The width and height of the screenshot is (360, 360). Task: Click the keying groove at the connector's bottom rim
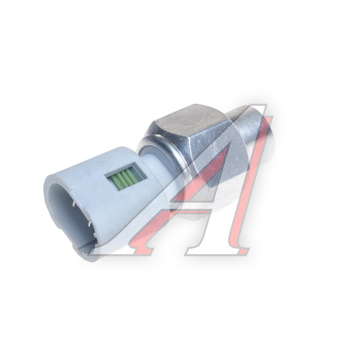(x=81, y=251)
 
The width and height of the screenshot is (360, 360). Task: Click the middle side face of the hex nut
(x=211, y=158)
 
